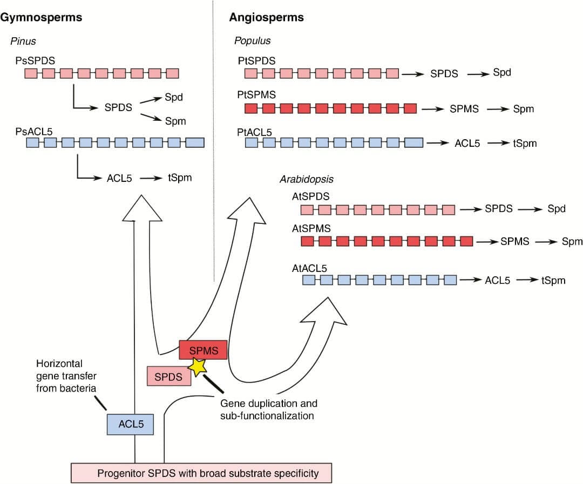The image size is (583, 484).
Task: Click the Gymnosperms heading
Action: coord(42,17)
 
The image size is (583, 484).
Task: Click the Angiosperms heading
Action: coord(266,17)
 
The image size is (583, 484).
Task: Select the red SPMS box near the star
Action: coord(203,351)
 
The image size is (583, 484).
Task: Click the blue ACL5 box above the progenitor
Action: coord(130,424)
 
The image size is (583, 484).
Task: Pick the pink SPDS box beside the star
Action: coord(168,377)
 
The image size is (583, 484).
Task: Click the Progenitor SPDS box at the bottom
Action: coord(201,473)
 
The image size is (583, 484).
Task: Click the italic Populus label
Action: coord(252,41)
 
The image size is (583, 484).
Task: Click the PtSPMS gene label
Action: coord(257,94)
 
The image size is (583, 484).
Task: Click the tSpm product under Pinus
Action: coord(180,178)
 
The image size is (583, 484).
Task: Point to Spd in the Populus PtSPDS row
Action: coord(501,73)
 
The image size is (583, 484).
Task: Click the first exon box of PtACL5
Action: coord(251,142)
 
